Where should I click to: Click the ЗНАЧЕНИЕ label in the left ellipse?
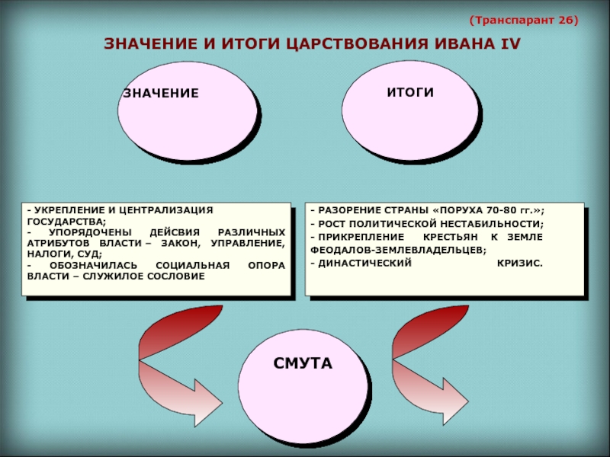pos(161,93)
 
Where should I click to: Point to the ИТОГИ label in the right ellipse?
pos(409,92)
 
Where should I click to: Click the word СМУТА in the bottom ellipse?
pos(303,364)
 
